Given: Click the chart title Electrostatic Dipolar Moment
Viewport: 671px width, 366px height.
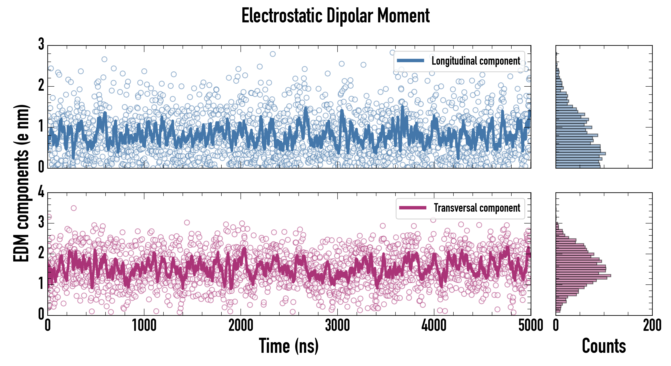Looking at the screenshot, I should (335, 16).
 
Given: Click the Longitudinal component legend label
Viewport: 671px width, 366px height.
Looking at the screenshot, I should (476, 61).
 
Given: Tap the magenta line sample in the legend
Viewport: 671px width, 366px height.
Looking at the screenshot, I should (413, 208).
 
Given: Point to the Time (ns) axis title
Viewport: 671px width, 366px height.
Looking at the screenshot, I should (289, 346).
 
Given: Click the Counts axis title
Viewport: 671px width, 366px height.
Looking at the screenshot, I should (604, 346).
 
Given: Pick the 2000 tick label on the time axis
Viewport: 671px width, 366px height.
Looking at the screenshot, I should (241, 325).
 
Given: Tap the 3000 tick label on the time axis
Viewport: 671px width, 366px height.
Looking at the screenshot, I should (337, 325).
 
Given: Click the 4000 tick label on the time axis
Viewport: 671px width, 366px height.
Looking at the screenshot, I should (434, 325).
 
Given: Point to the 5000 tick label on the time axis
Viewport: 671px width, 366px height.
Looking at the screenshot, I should (531, 325).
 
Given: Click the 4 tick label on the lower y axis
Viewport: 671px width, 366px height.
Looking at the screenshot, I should (41, 193).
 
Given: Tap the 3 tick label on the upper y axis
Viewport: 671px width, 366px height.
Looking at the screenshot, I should (41, 45).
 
